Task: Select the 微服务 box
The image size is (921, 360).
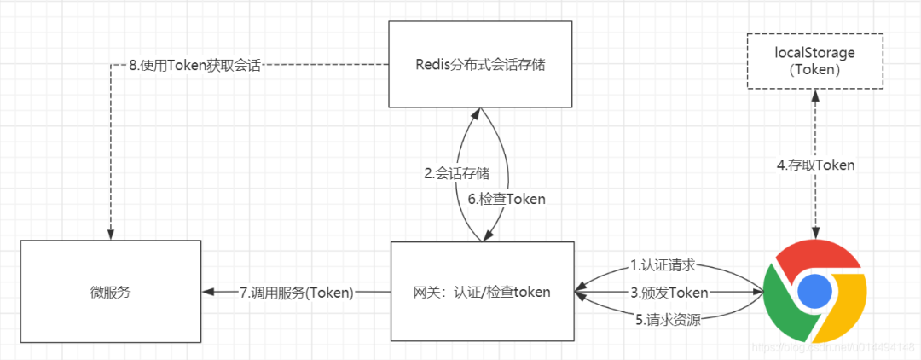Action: click(x=111, y=292)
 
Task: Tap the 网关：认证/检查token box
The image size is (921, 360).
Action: click(x=483, y=292)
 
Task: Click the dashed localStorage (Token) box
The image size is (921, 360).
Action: click(x=814, y=61)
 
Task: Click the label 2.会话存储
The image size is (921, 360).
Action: click(x=457, y=174)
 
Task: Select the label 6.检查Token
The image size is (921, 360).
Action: click(x=507, y=198)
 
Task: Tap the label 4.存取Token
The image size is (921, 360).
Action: click(x=815, y=165)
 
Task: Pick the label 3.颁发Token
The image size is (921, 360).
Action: click(x=668, y=293)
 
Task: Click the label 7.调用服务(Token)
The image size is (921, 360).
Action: click(x=296, y=293)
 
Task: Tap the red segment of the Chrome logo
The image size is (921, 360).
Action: click(x=815, y=253)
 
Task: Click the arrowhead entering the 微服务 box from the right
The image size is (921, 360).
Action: click(x=208, y=293)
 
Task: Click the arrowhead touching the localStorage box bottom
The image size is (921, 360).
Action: click(x=815, y=94)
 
